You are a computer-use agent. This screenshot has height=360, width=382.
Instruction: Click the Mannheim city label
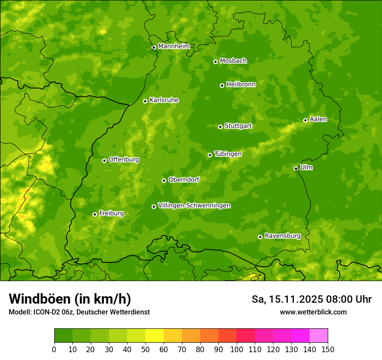coord(174,46)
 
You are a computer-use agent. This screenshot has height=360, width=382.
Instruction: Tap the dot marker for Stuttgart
coord(220,127)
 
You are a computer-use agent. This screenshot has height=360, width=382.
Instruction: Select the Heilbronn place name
coord(241,85)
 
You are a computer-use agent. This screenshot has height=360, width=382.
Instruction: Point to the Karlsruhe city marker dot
coord(145,101)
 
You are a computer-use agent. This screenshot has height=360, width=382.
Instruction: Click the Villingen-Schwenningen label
coord(194,206)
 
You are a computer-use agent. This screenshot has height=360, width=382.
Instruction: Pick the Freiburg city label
coord(111,213)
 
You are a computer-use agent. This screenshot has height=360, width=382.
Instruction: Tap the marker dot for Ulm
coord(296,168)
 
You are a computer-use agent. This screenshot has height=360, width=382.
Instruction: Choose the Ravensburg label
coord(282,236)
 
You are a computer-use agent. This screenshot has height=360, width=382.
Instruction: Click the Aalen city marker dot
coord(305,120)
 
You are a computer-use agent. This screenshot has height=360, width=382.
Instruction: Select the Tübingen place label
coord(228,154)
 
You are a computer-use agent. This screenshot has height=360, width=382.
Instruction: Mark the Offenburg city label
coord(124,160)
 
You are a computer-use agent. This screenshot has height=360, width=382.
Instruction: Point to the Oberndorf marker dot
coord(164,180)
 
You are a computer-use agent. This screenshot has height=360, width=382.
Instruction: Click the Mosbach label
coord(233,61)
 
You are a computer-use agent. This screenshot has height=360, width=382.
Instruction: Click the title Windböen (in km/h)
coord(69,299)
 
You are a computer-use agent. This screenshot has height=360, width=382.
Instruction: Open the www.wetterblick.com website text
coord(313,312)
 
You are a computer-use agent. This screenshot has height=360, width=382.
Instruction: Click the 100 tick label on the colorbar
coord(237,349)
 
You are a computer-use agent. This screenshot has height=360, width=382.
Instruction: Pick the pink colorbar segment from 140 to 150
coord(319,336)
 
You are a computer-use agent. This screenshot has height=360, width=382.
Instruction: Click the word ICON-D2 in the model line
coord(45,312)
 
